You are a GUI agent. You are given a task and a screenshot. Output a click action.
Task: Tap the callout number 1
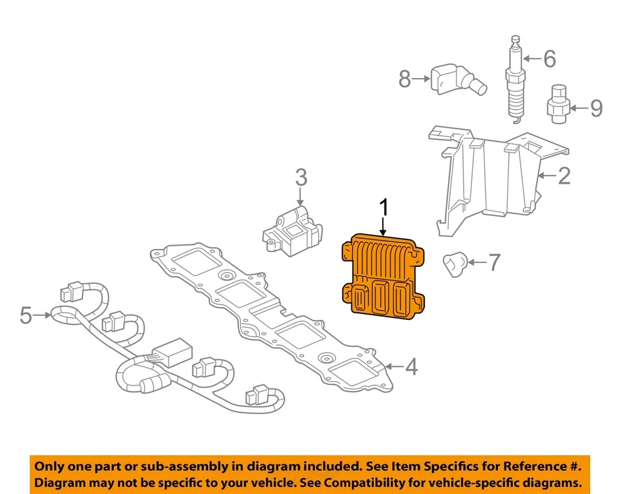point(384,209)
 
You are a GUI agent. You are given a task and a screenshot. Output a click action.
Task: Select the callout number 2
point(564,175)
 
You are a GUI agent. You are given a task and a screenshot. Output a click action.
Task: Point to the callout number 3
point(302,177)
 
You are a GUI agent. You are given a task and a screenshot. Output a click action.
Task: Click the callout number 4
point(411,368)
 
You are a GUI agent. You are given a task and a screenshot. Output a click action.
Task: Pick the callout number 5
point(26,315)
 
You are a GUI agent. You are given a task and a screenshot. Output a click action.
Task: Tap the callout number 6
point(549,59)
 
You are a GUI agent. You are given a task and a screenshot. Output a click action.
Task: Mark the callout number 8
point(404,79)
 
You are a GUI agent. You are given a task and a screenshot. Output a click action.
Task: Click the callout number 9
point(595,108)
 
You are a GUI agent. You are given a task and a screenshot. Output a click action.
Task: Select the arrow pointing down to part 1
point(384,226)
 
